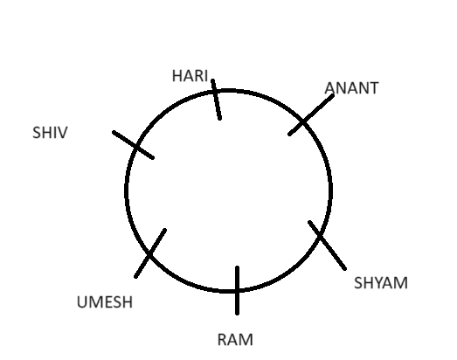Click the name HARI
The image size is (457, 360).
click(x=190, y=76)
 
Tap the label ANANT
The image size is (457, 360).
click(x=351, y=88)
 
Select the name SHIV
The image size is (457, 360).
click(x=50, y=132)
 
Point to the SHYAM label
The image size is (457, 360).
click(x=381, y=283)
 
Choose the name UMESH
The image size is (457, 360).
click(x=105, y=302)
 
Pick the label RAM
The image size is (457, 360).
click(x=235, y=340)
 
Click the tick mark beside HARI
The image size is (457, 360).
click(x=216, y=99)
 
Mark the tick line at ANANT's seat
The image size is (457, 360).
click(x=311, y=114)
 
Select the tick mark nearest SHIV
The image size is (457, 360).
click(x=133, y=145)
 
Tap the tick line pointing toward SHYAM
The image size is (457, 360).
click(x=328, y=246)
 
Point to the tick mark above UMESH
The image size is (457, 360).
click(x=150, y=253)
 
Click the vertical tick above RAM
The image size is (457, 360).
click(x=238, y=290)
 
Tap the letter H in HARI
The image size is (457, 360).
click(x=177, y=76)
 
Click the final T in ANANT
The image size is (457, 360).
click(x=374, y=88)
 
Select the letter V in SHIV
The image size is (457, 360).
click(x=63, y=132)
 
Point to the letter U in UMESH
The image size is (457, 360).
click(x=81, y=302)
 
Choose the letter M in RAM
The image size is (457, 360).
click(x=246, y=340)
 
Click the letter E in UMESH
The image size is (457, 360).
click(x=109, y=302)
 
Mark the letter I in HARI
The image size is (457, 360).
click(x=205, y=76)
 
